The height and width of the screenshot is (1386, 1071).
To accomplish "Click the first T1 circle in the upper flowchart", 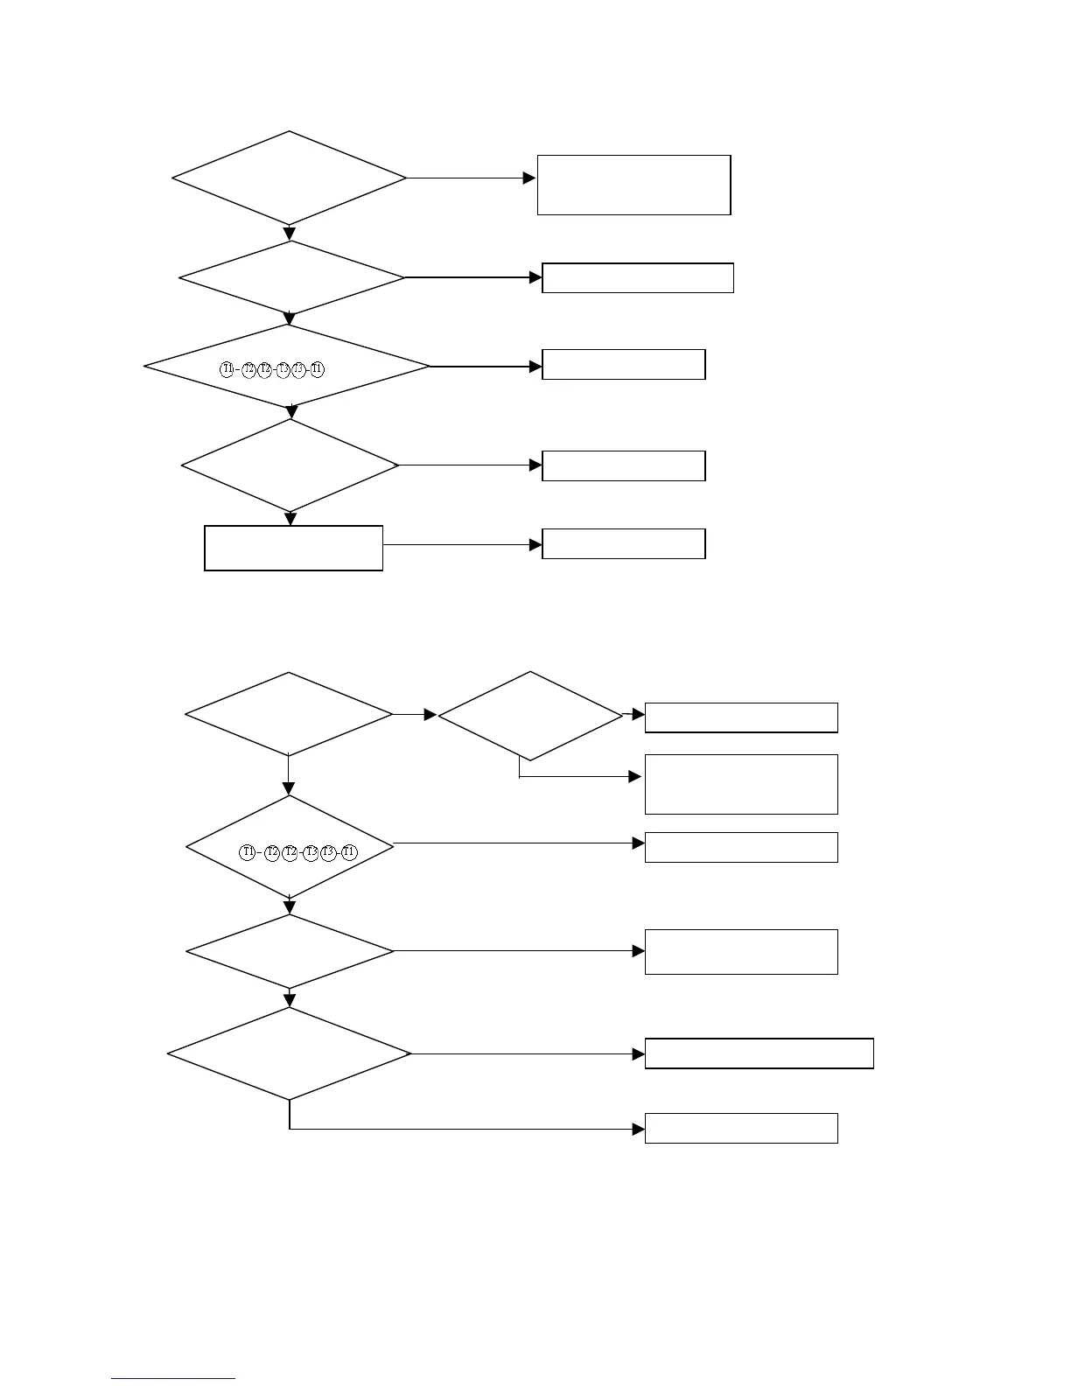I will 227,369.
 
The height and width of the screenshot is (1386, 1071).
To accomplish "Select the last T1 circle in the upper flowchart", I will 317,369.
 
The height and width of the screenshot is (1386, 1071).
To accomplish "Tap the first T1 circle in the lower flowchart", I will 248,852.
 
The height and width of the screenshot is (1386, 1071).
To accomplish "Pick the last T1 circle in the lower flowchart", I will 349,852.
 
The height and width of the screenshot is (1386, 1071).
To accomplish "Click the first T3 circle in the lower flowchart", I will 311,852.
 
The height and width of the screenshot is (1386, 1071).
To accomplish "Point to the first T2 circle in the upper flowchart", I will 248,369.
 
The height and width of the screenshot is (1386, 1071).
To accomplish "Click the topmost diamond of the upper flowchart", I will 290,178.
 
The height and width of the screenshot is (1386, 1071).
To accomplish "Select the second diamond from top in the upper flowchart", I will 291,278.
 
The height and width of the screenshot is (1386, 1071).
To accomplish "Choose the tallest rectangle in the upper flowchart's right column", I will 633,185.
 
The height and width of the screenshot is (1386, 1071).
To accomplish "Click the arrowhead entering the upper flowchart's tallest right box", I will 529,178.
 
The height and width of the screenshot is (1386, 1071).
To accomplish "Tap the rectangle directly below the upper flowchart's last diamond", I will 293,548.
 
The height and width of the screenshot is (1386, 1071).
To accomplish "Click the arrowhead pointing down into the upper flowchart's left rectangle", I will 290,519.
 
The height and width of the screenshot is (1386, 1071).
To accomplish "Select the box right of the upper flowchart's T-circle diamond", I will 623,364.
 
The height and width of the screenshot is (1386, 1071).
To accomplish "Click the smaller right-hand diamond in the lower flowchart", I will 530,716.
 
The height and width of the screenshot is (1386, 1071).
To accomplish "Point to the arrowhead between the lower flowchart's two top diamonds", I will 430,715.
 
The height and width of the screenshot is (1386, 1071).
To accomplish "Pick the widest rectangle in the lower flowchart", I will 759,1053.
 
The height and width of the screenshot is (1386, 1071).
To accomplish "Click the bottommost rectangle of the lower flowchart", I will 741,1128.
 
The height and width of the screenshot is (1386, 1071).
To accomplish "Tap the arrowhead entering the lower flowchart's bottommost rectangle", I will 639,1129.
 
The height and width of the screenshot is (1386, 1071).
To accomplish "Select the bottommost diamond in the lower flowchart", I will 290,1053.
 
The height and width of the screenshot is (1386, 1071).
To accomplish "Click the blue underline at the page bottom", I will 173,1379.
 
